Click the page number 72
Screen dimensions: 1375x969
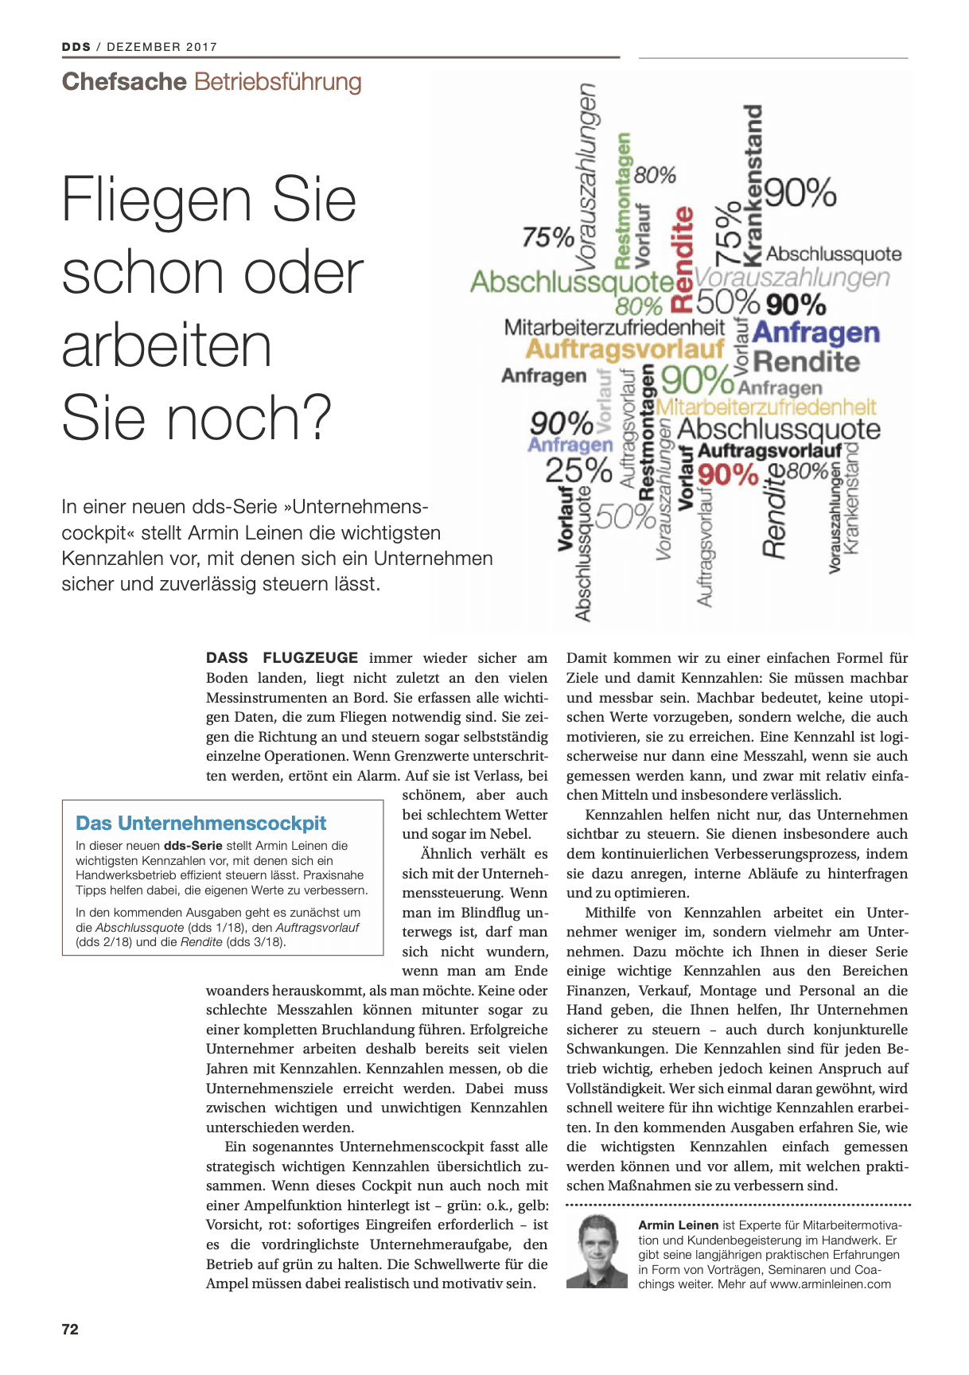(x=70, y=1329)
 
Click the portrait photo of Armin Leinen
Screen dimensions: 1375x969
(x=597, y=1251)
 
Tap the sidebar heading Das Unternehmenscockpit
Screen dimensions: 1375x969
(x=200, y=823)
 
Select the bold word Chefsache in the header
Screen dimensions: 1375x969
(x=124, y=82)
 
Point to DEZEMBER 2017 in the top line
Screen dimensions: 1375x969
(x=161, y=47)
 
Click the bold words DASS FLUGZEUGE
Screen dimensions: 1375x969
(x=282, y=658)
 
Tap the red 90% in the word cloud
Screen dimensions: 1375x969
(x=728, y=475)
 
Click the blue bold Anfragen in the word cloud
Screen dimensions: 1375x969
(x=815, y=333)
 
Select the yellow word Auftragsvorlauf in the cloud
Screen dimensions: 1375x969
(x=625, y=349)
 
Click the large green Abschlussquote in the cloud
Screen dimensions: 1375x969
(x=572, y=282)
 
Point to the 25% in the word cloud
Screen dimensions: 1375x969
(x=578, y=471)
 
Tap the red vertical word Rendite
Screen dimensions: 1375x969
(x=683, y=259)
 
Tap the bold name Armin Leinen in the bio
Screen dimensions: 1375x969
(x=678, y=1225)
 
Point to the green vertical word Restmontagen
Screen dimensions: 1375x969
(x=623, y=201)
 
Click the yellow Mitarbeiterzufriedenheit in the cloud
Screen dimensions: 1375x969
(x=765, y=407)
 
